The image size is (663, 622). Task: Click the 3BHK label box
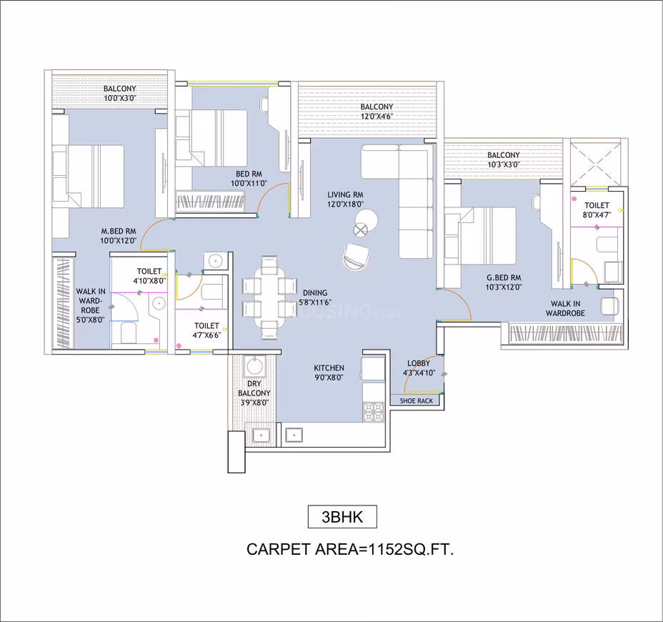342,517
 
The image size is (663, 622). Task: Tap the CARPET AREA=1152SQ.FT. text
349,549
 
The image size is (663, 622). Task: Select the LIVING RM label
345,194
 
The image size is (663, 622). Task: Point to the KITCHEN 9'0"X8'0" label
329,372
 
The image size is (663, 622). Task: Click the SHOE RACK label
417,400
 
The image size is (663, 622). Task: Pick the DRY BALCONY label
254,388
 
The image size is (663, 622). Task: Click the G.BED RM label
504,277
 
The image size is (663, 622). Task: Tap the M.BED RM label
119,232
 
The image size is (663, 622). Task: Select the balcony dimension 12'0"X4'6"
377,116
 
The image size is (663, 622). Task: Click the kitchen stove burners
374,412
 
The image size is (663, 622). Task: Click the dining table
269,297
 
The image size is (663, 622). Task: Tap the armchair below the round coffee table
357,257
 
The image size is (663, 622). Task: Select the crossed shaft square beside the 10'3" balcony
595,164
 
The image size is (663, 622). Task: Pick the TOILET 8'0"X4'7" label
597,210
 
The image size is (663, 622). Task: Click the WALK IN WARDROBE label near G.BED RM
565,308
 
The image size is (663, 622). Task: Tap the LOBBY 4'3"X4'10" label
419,367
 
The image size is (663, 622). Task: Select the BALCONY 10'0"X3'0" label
120,93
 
